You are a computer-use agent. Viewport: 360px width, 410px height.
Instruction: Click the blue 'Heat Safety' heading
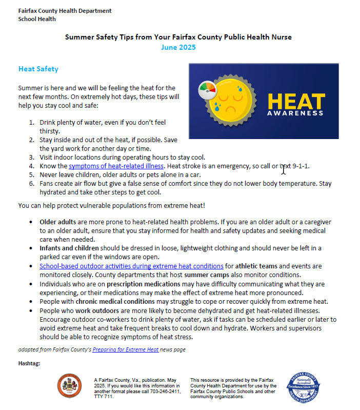[38, 69]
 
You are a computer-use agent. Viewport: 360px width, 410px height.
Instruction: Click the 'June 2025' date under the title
[178, 47]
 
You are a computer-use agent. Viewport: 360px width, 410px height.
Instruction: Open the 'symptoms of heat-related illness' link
[116, 166]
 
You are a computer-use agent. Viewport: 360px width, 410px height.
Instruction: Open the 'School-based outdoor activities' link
[131, 266]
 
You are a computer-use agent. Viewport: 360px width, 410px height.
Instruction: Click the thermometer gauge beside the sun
[207, 89]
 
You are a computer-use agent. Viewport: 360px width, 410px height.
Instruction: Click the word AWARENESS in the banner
[296, 113]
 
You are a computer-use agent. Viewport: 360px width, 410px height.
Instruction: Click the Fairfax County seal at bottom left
[69, 385]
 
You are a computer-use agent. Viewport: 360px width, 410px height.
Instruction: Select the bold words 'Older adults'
[58, 222]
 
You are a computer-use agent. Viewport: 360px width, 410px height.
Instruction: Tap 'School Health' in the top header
[37, 19]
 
